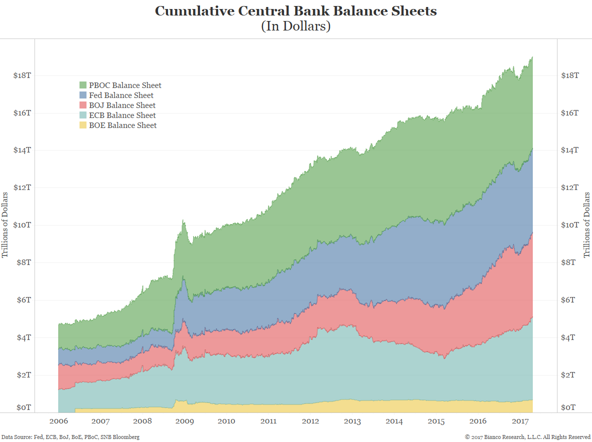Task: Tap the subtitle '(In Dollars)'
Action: [x=295, y=26]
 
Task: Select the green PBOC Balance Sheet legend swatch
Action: [x=83, y=85]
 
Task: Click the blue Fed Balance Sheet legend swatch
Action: [x=83, y=95]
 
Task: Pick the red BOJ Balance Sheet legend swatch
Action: [x=83, y=105]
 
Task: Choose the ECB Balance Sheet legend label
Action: [x=122, y=115]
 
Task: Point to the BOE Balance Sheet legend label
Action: [x=122, y=125]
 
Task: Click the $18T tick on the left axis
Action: [x=22, y=75]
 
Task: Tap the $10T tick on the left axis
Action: [x=22, y=225]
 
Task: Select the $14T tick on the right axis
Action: [x=570, y=150]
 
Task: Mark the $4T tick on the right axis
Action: [x=569, y=337]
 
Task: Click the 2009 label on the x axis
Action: [x=184, y=421]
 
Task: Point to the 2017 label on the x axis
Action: [x=521, y=421]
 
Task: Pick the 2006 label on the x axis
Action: [x=58, y=421]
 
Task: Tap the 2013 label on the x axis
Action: [x=352, y=421]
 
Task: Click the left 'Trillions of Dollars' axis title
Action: [x=5, y=225]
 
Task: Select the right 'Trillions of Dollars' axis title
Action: [x=587, y=225]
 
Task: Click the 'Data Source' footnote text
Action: [x=70, y=437]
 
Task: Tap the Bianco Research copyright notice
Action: [x=527, y=437]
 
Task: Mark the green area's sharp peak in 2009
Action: [x=183, y=220]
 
